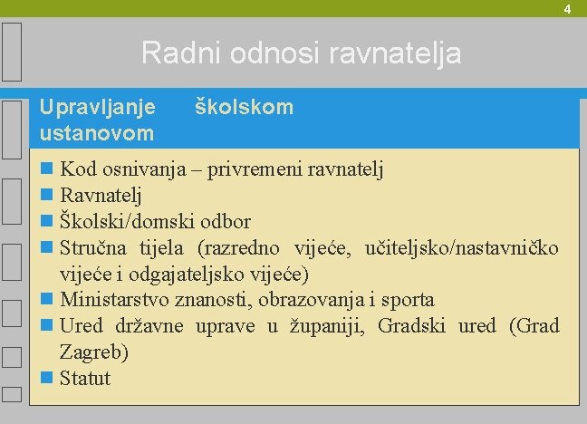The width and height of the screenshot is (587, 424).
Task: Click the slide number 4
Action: tap(567, 9)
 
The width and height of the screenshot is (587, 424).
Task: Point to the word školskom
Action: tap(245, 107)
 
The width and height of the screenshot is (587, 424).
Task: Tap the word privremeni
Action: tap(255, 169)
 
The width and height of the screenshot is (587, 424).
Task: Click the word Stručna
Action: tap(95, 247)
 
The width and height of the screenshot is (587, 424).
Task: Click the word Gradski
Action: tap(413, 325)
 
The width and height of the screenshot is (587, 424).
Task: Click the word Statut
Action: tap(85, 378)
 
